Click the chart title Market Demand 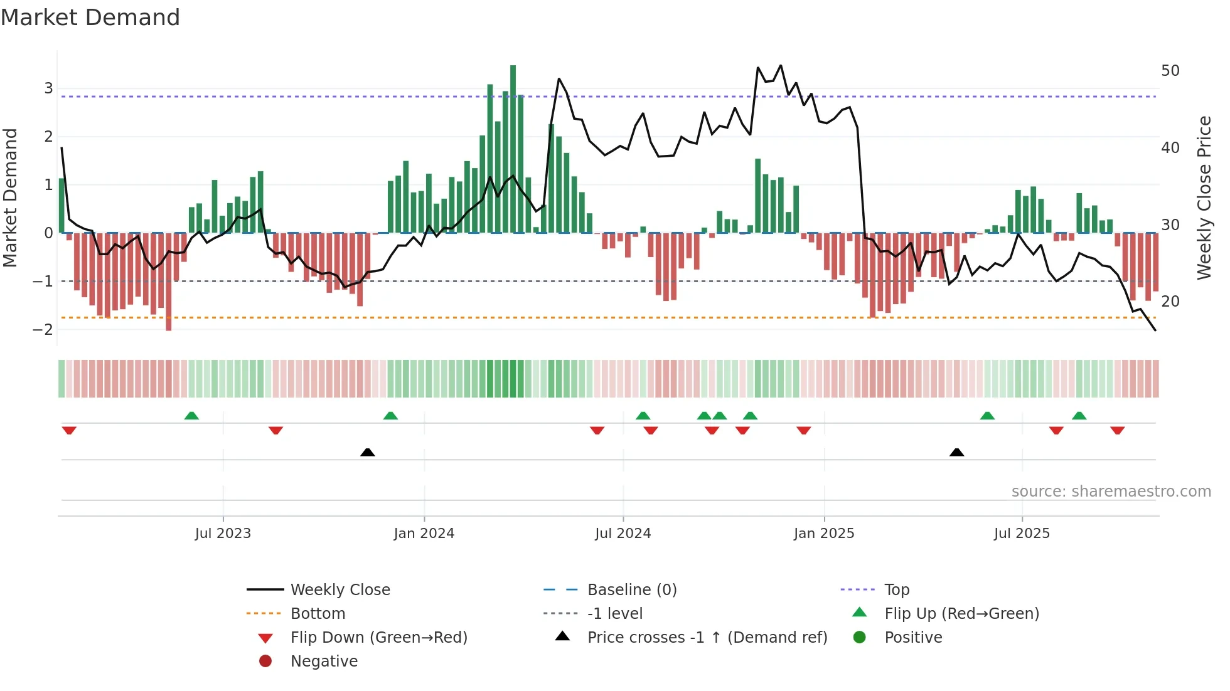pyautogui.click(x=90, y=18)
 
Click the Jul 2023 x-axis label pyautogui.click(x=223, y=534)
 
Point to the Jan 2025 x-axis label pyautogui.click(x=823, y=534)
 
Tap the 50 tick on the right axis pyautogui.click(x=1170, y=71)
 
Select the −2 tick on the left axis pyautogui.click(x=43, y=330)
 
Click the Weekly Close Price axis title pyautogui.click(x=1204, y=198)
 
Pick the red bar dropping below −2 pyautogui.click(x=168, y=282)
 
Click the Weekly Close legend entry pyautogui.click(x=340, y=590)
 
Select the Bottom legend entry pyautogui.click(x=318, y=614)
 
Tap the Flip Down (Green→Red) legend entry pyautogui.click(x=378, y=638)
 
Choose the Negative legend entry pyautogui.click(x=324, y=662)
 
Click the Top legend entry pyautogui.click(x=896, y=590)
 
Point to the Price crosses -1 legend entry pyautogui.click(x=707, y=638)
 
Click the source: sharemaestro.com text pyautogui.click(x=1111, y=492)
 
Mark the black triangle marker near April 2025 pyautogui.click(x=956, y=452)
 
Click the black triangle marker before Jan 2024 pyautogui.click(x=368, y=452)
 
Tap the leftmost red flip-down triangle pyautogui.click(x=69, y=430)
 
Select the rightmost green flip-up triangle pyautogui.click(x=1079, y=416)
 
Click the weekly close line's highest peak pyautogui.click(x=781, y=65)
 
